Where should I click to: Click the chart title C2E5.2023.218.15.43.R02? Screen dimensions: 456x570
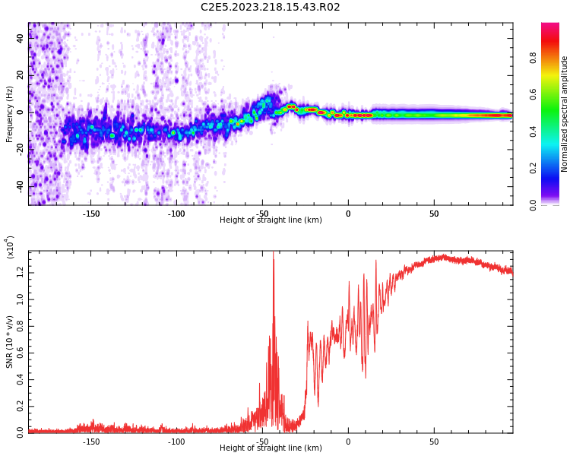(270, 8)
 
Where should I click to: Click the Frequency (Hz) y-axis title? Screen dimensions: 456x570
(10, 114)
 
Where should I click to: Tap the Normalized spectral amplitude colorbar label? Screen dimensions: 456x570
(565, 114)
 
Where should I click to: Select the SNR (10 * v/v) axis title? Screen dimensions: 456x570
(10, 342)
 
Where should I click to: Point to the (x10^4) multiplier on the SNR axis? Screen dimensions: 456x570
(10, 247)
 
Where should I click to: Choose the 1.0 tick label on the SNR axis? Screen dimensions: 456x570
(19, 297)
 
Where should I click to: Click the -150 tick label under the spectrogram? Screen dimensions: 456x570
(90, 214)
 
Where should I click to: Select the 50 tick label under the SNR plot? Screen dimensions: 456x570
(434, 442)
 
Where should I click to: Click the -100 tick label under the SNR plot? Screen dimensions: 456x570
(176, 442)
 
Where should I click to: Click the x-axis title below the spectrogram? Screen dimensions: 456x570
(271, 220)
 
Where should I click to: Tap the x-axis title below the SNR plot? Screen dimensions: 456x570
(271, 448)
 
